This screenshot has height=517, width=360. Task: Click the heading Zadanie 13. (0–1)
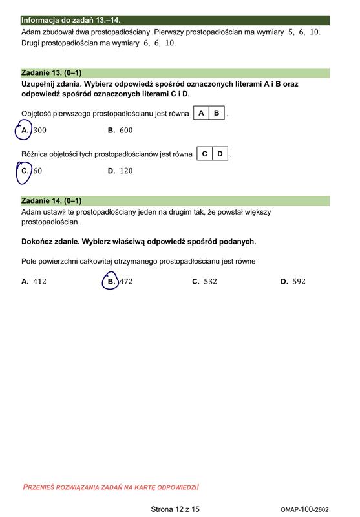52,73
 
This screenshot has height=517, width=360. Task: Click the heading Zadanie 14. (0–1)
52,201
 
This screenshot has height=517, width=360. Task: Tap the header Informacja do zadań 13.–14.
70,21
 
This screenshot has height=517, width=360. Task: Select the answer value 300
39,131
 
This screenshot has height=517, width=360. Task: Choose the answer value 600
126,131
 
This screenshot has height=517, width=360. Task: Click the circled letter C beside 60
25,171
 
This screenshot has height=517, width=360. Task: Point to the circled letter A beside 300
25,131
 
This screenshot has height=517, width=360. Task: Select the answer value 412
39,282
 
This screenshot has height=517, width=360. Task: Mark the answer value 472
126,282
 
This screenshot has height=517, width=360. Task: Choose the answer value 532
210,282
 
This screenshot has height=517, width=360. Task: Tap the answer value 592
299,282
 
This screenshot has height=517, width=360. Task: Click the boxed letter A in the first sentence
201,113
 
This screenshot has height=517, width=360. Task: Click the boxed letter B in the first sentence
217,113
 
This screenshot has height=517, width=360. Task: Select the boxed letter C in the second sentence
204,154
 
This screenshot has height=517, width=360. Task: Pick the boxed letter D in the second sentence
220,154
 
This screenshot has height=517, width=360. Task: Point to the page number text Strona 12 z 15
175,509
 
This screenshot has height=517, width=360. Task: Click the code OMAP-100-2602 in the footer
304,510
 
